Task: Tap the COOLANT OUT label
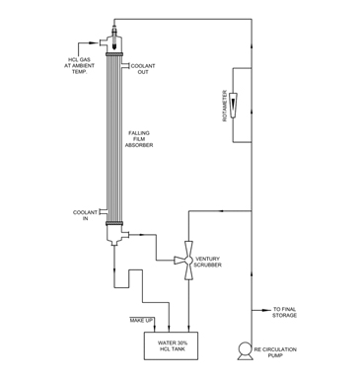pyautogui.click(x=142, y=70)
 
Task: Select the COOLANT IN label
pyautogui.click(x=84, y=214)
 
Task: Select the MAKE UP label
pyautogui.click(x=143, y=320)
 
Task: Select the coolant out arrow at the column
pyautogui.click(x=127, y=64)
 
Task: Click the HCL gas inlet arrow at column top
pyautogui.click(x=103, y=59)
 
